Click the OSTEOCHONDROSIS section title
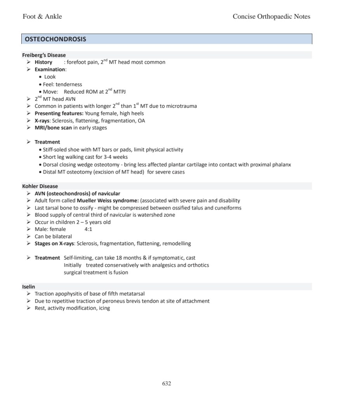(56, 39)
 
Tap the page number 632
(166, 383)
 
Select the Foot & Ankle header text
(42, 16)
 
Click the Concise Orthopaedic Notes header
(271, 16)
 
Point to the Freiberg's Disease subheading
(44, 55)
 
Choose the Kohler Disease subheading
(40, 186)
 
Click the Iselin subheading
(28, 287)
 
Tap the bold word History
(43, 62)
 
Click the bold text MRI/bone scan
(53, 128)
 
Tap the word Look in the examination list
(50, 77)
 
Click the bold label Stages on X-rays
(54, 244)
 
